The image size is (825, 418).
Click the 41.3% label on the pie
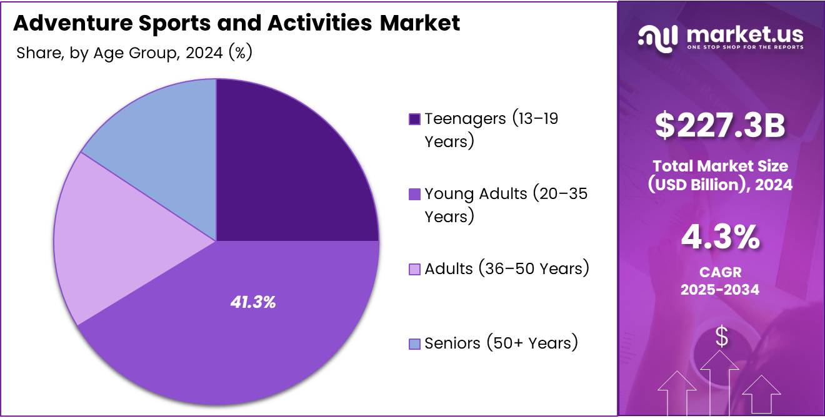click(253, 302)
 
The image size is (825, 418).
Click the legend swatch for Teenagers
click(414, 119)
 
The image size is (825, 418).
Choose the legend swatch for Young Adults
click(414, 194)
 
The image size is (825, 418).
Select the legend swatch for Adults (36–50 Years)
click(414, 269)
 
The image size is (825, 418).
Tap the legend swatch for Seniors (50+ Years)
click(414, 344)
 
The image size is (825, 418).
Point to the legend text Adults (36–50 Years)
click(507, 268)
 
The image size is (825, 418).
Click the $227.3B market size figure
click(720, 126)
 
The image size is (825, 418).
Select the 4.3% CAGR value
click(720, 237)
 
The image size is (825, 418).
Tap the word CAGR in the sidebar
click(720, 273)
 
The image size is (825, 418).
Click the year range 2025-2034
click(720, 289)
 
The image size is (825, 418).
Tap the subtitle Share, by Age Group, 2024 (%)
click(134, 53)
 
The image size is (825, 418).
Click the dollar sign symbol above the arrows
click(721, 337)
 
